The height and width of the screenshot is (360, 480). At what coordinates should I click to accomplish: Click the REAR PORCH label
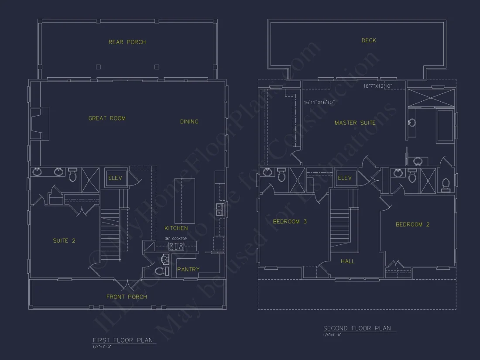tap(127, 42)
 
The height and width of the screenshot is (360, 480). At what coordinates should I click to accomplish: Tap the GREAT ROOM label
tap(107, 118)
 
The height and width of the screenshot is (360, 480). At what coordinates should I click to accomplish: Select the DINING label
tap(189, 122)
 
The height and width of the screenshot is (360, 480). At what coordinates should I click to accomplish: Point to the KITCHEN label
tap(176, 228)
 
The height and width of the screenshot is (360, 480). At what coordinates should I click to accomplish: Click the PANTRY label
tap(188, 269)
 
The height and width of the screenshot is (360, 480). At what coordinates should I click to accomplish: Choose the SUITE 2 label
tap(64, 240)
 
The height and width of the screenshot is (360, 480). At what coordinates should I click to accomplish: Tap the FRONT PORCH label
tap(127, 297)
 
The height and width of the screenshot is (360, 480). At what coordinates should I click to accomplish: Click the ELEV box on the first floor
tap(116, 178)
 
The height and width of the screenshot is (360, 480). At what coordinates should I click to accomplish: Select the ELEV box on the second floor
tap(345, 178)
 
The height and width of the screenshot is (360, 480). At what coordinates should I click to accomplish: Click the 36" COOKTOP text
tap(176, 239)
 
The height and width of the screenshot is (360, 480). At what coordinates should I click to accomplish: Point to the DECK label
tap(369, 41)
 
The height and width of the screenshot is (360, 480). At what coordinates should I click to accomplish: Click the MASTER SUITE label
tap(355, 123)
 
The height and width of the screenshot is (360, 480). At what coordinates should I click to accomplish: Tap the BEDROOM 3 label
tap(290, 222)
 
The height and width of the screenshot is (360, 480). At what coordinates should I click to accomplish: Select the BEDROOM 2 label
tap(412, 225)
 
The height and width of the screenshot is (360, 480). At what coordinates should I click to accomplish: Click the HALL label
tap(348, 261)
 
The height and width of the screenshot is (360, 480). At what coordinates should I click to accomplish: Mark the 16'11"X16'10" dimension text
tap(319, 103)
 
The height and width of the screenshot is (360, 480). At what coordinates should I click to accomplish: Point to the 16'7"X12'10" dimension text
tap(378, 86)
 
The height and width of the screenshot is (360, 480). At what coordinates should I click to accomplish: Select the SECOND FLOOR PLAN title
tap(357, 328)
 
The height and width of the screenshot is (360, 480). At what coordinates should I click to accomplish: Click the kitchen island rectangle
tap(185, 201)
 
